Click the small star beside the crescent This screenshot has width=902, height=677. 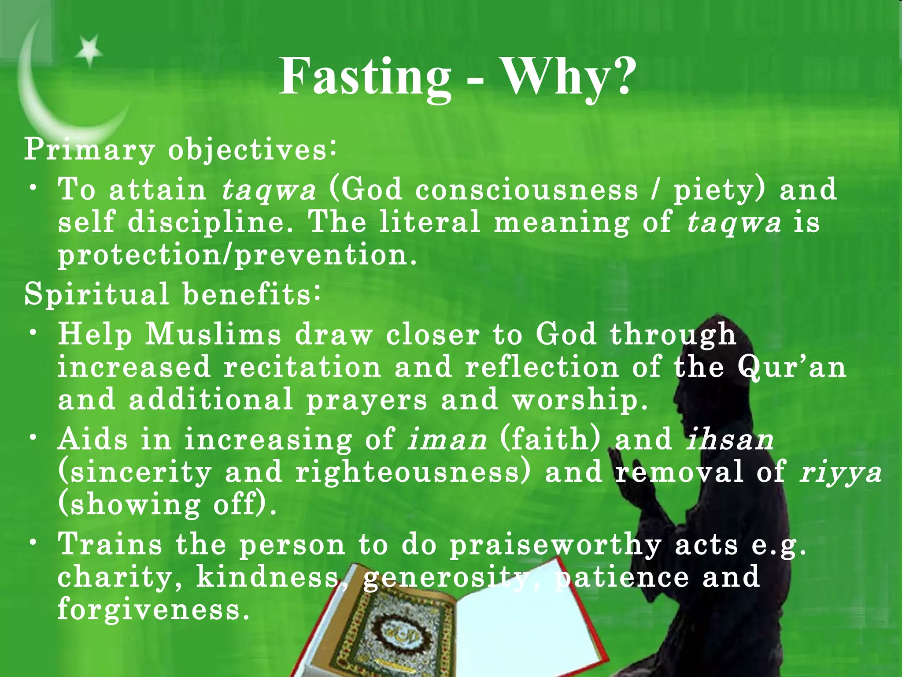(x=89, y=51)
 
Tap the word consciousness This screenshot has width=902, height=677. (x=526, y=190)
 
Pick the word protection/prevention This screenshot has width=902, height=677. (x=237, y=254)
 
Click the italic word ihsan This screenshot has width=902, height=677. (x=730, y=439)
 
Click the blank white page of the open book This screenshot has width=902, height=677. (x=511, y=626)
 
